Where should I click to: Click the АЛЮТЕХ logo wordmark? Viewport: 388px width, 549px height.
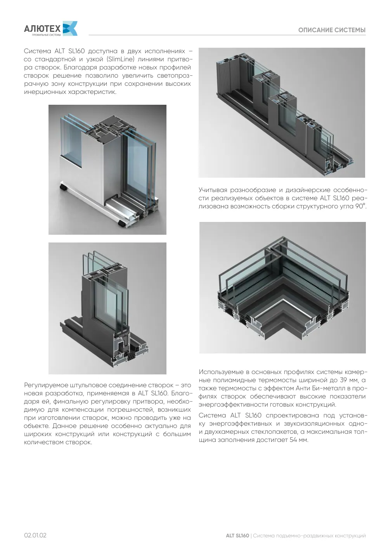(x=42, y=29)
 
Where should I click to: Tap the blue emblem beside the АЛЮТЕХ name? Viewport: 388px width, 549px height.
(x=70, y=28)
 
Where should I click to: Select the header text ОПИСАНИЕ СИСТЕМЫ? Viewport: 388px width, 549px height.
(x=332, y=30)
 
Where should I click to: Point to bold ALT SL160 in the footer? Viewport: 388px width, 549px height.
(x=237, y=535)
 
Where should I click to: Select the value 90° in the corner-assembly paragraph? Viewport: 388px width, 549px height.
(x=360, y=206)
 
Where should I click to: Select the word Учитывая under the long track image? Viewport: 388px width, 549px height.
(x=213, y=190)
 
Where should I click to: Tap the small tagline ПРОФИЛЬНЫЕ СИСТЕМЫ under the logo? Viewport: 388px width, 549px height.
(x=46, y=35)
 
